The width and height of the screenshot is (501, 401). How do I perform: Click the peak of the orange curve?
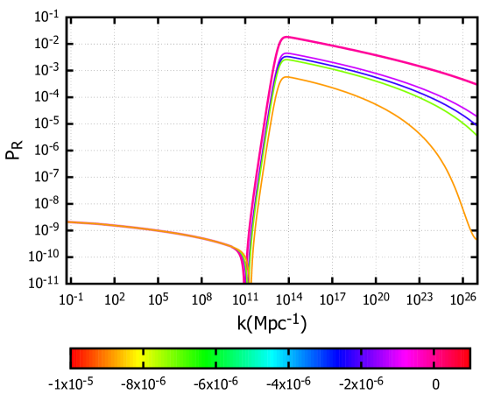[x=286, y=77]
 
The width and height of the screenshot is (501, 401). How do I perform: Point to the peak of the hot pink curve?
[x=286, y=37]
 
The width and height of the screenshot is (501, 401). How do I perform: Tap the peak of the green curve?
[x=286, y=60]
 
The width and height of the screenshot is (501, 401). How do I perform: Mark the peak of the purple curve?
[x=286, y=53]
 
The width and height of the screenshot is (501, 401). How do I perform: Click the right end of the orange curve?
[x=475, y=238]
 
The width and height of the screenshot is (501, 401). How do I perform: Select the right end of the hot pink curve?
[x=476, y=85]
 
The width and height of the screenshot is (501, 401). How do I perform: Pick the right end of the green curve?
[x=476, y=135]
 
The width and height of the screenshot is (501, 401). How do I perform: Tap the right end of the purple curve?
[x=476, y=116]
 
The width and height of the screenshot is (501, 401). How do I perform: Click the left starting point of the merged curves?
[x=69, y=222]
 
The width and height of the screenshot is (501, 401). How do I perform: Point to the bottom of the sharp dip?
[x=248, y=280]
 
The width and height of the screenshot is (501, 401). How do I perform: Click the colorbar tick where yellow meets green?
[x=144, y=358]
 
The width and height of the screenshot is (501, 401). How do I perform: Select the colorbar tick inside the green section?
[x=216, y=358]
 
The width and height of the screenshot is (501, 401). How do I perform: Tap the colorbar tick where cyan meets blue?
[x=288, y=358]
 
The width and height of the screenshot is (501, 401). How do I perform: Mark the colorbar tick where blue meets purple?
[x=361, y=358]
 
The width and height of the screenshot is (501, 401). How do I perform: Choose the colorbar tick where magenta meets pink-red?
[x=434, y=358]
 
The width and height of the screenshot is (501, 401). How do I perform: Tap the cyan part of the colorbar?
[x=277, y=358]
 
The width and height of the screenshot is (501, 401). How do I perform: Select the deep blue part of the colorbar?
[x=350, y=358]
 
